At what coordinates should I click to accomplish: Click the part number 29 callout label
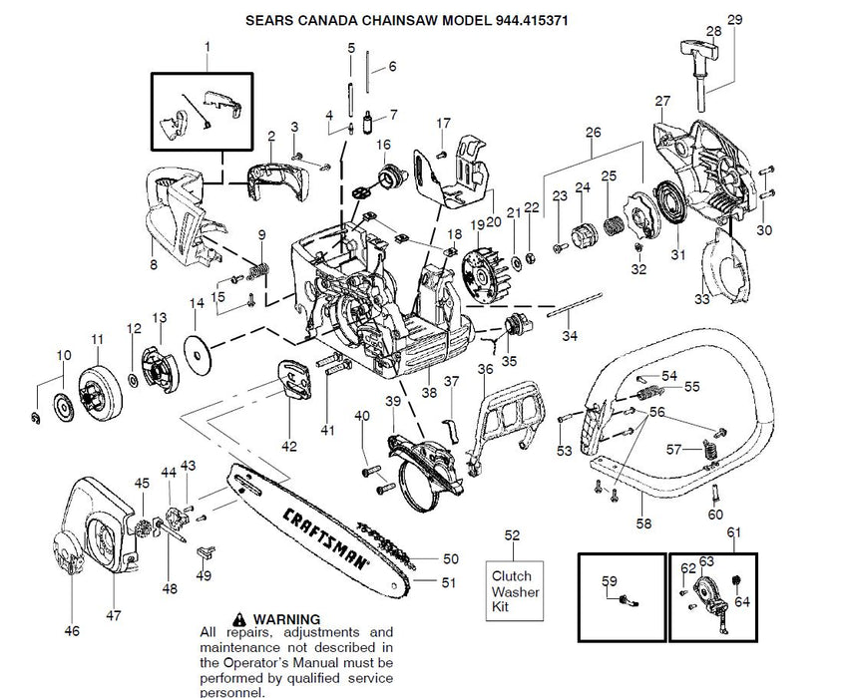(735, 20)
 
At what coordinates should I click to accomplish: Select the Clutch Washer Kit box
(512, 591)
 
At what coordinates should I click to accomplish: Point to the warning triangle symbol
(239, 618)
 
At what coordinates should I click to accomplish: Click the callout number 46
(71, 630)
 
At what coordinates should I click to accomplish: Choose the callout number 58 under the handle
(642, 521)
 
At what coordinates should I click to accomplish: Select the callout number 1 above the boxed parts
(208, 46)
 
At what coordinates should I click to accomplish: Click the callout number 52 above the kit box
(512, 536)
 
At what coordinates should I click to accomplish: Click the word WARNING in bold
(286, 618)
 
